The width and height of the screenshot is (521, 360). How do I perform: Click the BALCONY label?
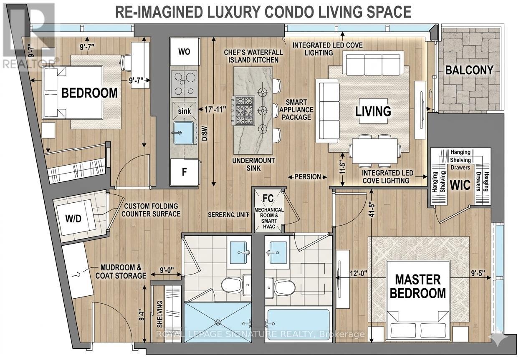469,70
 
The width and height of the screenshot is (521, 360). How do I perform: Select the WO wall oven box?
185,52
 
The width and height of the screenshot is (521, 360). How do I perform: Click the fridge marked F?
185,172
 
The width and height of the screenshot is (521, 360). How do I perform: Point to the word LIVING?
373,111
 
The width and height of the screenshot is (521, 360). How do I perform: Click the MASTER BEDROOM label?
418,286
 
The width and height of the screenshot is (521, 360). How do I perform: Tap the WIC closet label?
460,185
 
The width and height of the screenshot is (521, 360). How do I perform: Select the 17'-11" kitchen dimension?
215,109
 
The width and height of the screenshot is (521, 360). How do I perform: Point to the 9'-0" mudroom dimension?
167,270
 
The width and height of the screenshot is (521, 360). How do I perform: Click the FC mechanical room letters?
268,198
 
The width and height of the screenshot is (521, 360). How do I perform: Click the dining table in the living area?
375,151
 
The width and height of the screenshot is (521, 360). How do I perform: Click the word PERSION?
308,176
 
